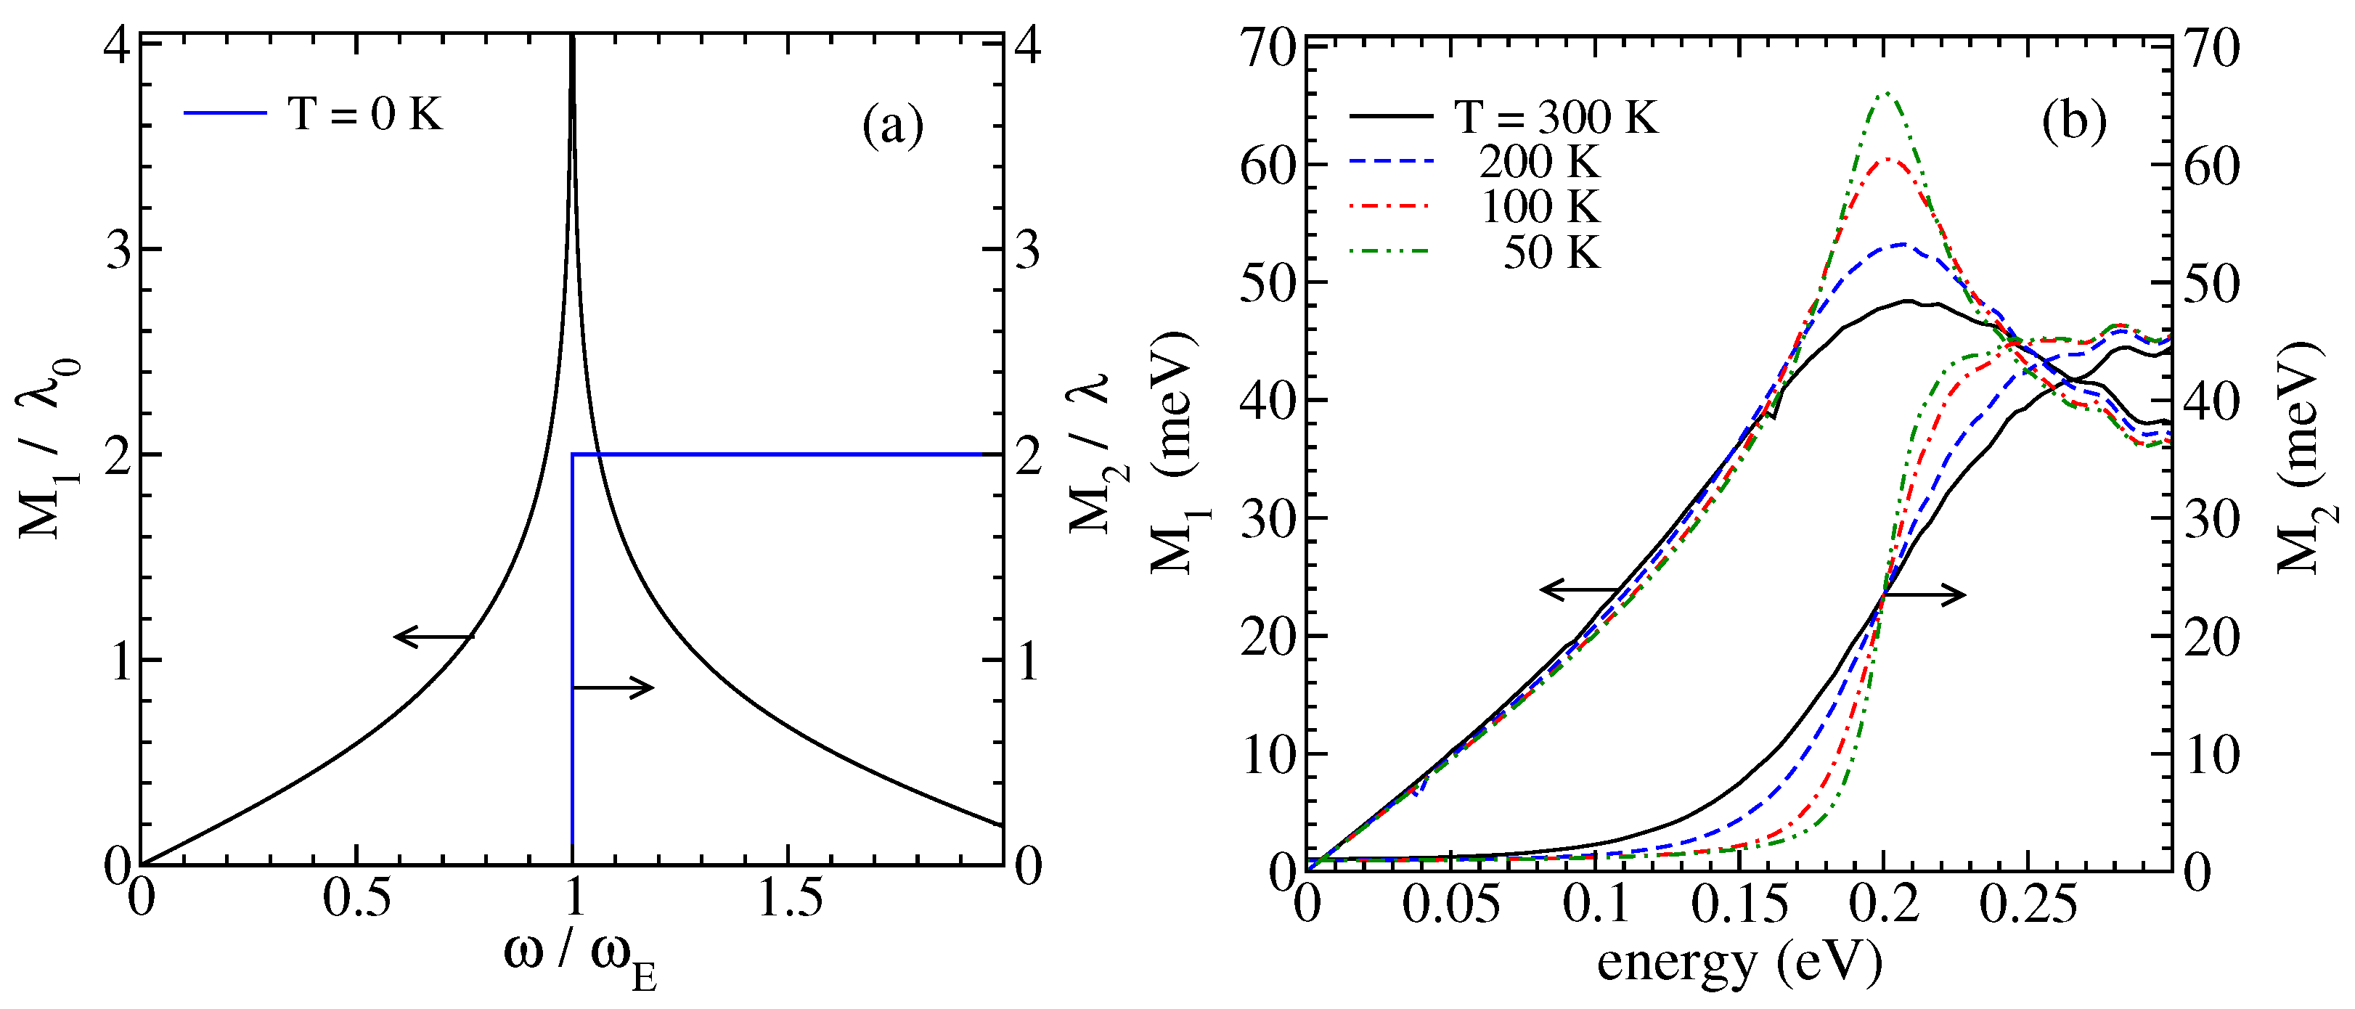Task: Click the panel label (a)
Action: (892, 126)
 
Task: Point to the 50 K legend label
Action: (1551, 253)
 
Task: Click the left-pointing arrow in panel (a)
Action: (433, 636)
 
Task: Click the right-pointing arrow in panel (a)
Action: (613, 687)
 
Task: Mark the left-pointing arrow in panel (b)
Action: (1580, 589)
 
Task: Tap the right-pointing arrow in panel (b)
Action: (1924, 595)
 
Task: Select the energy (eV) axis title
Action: (1739, 963)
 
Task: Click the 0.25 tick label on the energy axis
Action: (2028, 904)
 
